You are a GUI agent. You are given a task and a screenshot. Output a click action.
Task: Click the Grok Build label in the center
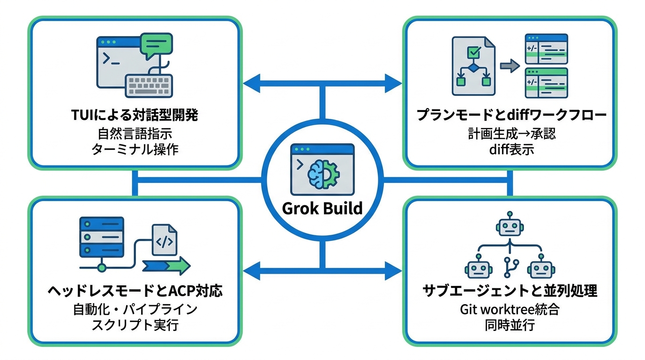pos(322,208)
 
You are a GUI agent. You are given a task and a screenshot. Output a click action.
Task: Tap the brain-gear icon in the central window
pos(323,174)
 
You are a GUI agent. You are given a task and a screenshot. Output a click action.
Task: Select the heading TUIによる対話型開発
pos(135,115)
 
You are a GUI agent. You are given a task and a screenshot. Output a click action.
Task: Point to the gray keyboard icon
pos(149,85)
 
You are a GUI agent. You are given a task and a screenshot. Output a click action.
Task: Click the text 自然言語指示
pos(135,134)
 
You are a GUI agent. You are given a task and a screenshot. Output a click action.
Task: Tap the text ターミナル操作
pos(135,150)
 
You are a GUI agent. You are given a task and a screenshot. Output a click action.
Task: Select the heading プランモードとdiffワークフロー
pos(511,115)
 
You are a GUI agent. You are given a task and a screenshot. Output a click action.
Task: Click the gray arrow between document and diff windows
pos(510,66)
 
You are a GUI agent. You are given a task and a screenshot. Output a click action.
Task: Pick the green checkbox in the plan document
pos(474,52)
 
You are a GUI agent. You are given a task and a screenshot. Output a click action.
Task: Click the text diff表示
pos(511,150)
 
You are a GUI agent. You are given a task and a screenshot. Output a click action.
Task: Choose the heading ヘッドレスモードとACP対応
pos(135,291)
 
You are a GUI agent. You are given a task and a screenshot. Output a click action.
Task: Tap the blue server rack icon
pos(102,237)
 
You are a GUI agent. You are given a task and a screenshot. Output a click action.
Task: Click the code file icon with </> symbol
pos(165,240)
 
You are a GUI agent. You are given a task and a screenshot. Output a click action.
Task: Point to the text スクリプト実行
pos(135,325)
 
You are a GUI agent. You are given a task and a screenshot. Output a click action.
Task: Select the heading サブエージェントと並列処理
pos(510,291)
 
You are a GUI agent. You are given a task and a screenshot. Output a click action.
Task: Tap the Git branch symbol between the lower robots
pos(511,268)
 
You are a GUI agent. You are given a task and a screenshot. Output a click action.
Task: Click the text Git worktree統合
pos(510,309)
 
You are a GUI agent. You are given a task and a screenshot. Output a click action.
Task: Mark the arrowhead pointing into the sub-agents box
pos(393,271)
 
